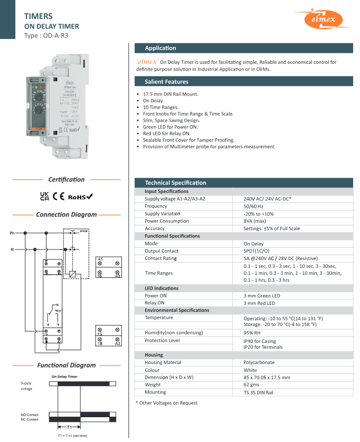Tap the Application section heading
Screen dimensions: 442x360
pos(160,48)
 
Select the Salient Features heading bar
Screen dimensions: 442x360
pos(166,82)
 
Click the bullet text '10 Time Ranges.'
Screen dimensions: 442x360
pos(162,107)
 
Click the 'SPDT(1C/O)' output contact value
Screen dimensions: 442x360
pos(257,252)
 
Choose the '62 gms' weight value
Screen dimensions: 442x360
pos(253,385)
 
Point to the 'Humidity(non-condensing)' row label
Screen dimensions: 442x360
pos(174,333)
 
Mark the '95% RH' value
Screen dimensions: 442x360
pos(253,333)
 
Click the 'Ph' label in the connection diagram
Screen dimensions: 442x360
pos(12,233)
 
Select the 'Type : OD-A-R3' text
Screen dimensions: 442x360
pos(46,36)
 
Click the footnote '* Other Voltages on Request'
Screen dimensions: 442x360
pos(167,403)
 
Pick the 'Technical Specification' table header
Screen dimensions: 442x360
pos(176,182)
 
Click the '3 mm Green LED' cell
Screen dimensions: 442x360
pos(262,296)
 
